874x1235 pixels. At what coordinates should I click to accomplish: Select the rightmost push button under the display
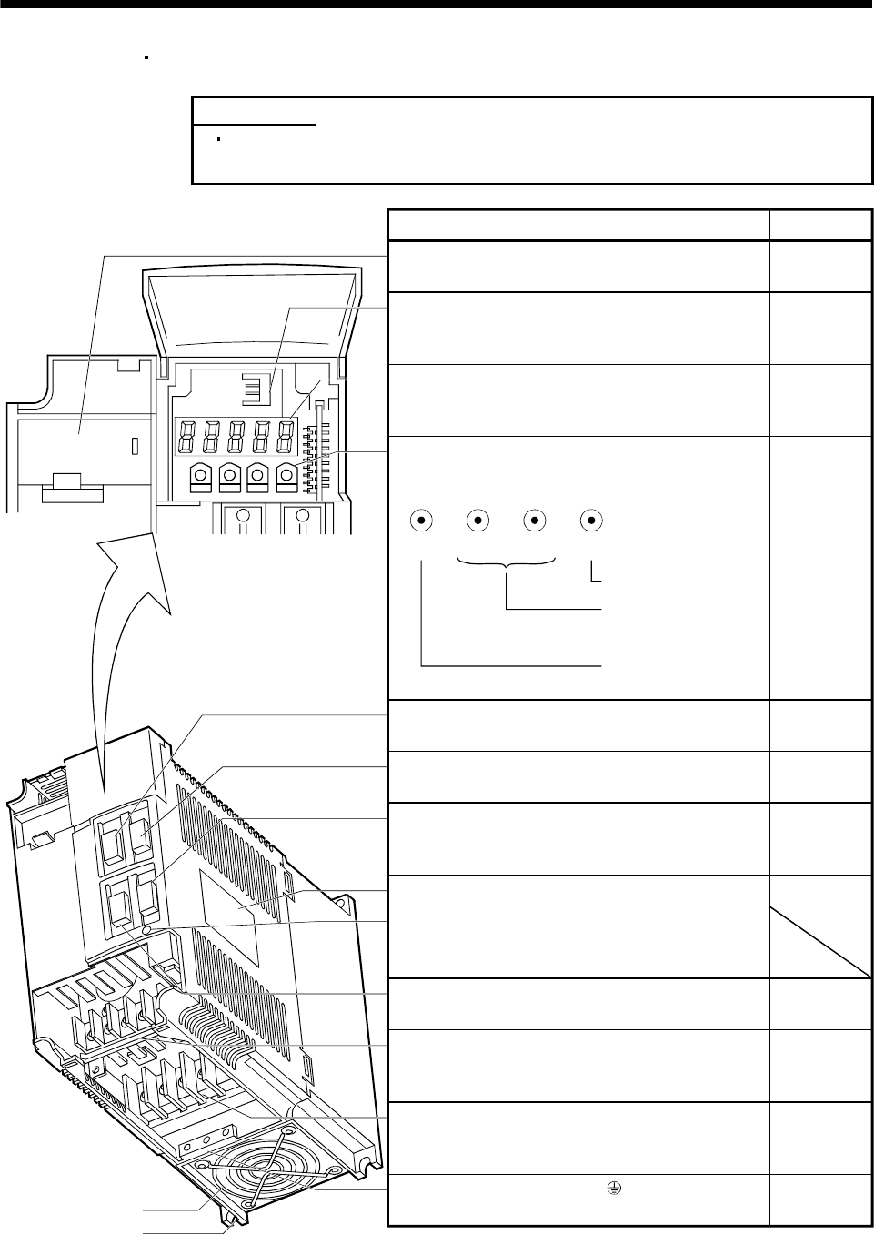(286, 476)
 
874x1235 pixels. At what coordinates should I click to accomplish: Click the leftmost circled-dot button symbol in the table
(421, 521)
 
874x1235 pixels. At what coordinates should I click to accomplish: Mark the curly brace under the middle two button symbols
(507, 564)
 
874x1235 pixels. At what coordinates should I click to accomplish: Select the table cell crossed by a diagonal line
(819, 941)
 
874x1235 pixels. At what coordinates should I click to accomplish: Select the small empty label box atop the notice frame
(255, 110)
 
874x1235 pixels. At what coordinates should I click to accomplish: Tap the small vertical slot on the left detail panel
(135, 447)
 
